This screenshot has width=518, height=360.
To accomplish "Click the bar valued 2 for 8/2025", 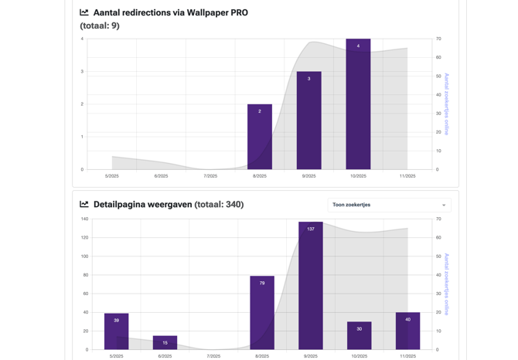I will point(260,137).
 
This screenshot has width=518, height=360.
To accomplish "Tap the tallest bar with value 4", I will point(358,104).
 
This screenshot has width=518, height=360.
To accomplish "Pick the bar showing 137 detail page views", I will point(311,286).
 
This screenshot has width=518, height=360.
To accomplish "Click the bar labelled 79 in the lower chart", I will point(262,313).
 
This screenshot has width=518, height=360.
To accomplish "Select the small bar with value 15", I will point(165,343).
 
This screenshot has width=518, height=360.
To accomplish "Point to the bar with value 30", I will point(360,336).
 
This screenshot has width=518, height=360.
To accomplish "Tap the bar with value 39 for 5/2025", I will point(117,331).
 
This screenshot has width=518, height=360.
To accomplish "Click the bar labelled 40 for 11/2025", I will point(408,331).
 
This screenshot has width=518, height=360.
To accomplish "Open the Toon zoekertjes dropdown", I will point(389,205).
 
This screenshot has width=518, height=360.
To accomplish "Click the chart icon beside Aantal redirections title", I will point(84,12).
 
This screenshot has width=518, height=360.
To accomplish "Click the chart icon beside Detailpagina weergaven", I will point(84,204).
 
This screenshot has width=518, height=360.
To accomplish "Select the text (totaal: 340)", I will point(219,205).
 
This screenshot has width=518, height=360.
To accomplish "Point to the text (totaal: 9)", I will point(100,25).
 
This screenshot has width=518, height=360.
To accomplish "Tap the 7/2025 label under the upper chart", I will point(210,176).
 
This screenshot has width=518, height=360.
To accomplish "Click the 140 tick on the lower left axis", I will point(84,219).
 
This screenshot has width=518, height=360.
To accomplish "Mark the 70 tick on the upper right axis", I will point(438,39).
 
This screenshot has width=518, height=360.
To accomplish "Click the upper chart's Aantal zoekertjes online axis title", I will point(447,104).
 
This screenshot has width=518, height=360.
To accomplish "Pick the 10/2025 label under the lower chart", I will point(360,356).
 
